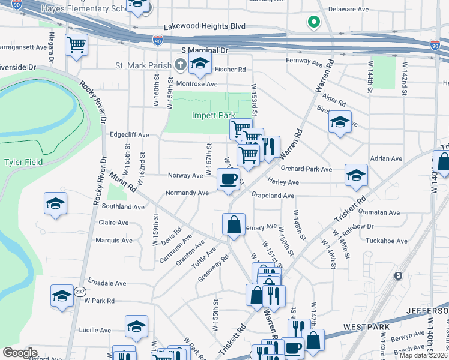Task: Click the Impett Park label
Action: pos(213,115)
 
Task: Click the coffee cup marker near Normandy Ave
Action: pos(228,179)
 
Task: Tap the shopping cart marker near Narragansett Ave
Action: pos(77,44)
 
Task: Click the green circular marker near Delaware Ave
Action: pos(313,23)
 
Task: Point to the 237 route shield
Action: pos(80,292)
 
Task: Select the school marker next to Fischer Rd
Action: pos(200,62)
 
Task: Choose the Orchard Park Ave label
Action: pos(306,169)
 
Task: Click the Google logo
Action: pos(20,352)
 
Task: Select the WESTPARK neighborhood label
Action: pos(367,328)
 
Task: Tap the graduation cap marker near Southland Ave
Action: pos(55,204)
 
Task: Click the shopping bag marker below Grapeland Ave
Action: pos(234,224)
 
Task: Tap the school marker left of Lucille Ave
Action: pos(136,327)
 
